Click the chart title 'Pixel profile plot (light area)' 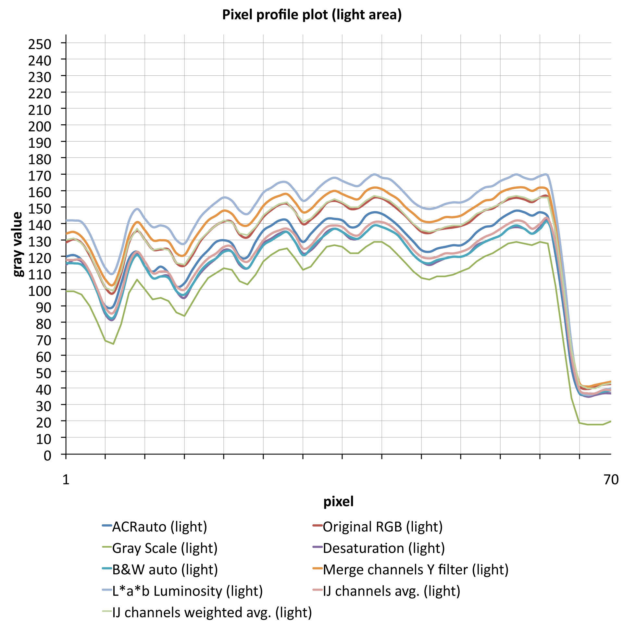pyautogui.click(x=312, y=15)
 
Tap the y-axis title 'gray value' pyautogui.click(x=18, y=244)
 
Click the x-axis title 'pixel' pyautogui.click(x=338, y=502)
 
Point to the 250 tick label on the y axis pyautogui.click(x=40, y=44)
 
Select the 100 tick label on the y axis pyautogui.click(x=40, y=291)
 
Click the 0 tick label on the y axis pyautogui.click(x=47, y=456)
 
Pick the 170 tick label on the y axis pyautogui.click(x=40, y=176)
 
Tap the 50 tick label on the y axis pyautogui.click(x=44, y=373)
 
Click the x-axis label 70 pyautogui.click(x=611, y=480)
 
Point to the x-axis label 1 pyautogui.click(x=66, y=480)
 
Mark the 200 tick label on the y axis pyautogui.click(x=40, y=126)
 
